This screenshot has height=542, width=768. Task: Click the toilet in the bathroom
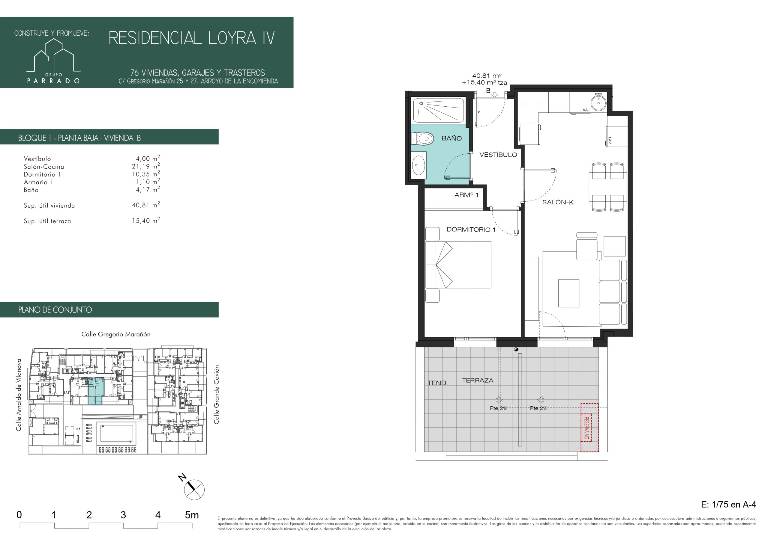point(422,138)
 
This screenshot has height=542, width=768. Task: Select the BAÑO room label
point(451,138)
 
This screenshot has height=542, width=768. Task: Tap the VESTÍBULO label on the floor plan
point(498,155)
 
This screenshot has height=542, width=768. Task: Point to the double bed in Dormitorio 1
point(458,265)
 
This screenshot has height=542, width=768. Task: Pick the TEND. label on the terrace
point(437,383)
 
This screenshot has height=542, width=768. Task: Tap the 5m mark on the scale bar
point(192,515)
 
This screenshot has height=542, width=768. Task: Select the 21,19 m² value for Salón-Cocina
point(146,166)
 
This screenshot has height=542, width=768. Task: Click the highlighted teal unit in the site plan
point(96,391)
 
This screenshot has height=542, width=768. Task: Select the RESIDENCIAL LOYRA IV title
point(192,38)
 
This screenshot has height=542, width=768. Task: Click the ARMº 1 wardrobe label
point(466,195)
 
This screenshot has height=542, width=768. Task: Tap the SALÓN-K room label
point(558,202)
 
